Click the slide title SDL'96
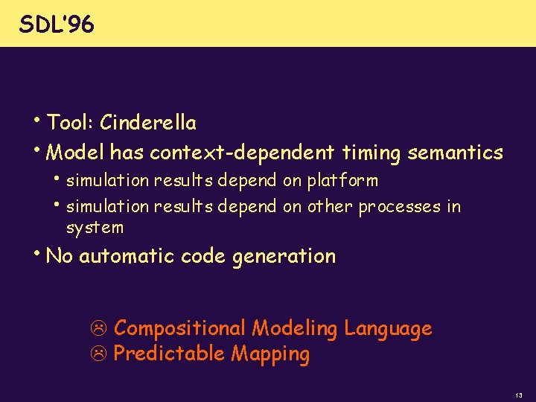coord(57,25)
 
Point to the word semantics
coord(456,153)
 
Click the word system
coord(95,228)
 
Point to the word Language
coord(388,328)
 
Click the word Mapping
coord(270,354)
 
